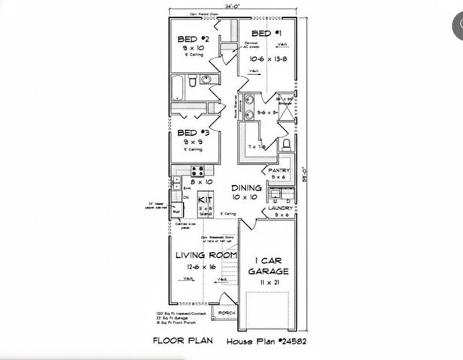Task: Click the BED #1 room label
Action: (266, 33)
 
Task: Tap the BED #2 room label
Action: (188, 39)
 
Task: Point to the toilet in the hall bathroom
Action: (193, 80)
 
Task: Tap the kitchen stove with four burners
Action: (197, 170)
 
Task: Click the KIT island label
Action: (203, 200)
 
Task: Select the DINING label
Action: (246, 187)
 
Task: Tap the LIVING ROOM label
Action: (206, 256)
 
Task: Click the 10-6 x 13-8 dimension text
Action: (266, 57)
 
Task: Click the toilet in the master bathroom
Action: (285, 145)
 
